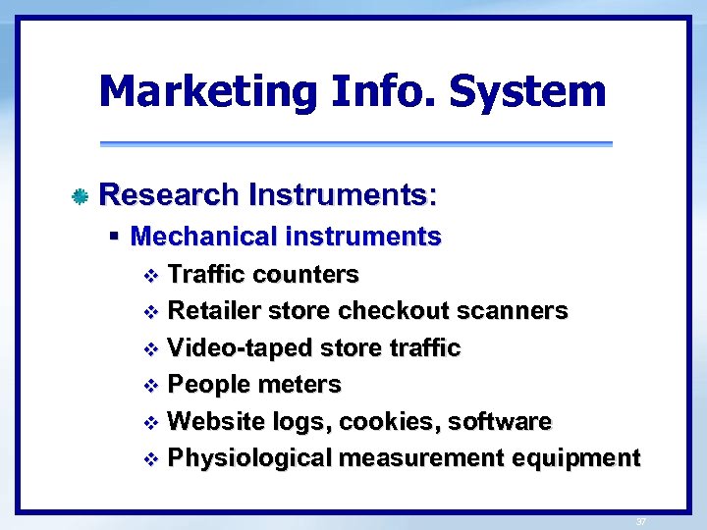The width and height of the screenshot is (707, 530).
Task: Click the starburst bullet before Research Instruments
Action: pyautogui.click(x=82, y=196)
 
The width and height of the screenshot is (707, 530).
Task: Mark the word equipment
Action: pyautogui.click(x=583, y=458)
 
